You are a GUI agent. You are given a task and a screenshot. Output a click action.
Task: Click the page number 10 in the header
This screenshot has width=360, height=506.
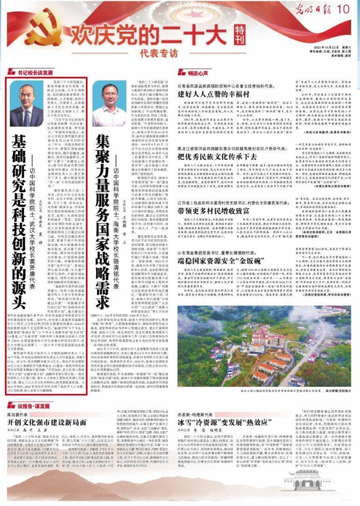pyautogui.click(x=343, y=9)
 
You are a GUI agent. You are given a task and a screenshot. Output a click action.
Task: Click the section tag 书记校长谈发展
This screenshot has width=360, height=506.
pyautogui.click(x=35, y=73)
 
